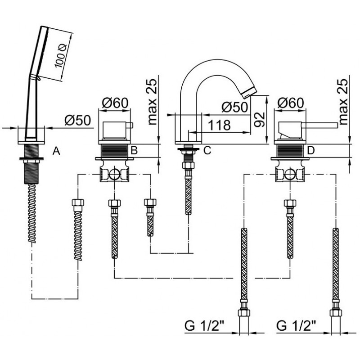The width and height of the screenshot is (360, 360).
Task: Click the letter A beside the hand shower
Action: pyautogui.click(x=56, y=151)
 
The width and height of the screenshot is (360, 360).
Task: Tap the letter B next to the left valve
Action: pyautogui.click(x=134, y=150)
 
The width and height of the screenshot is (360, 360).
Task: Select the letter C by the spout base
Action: pyautogui.click(x=207, y=150)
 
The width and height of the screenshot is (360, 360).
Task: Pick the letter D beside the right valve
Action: pyautogui.click(x=311, y=150)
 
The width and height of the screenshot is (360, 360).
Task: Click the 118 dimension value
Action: pyautogui.click(x=219, y=125)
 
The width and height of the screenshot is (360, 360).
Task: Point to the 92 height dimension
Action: pyautogui.click(x=260, y=119)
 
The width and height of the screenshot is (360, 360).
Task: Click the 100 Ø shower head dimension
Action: pyautogui.click(x=61, y=56)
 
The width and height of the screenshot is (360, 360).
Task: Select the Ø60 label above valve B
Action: pyautogui.click(x=115, y=103)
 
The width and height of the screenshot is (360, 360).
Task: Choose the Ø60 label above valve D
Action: pyautogui.click(x=291, y=103)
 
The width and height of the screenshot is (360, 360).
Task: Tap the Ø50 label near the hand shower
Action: pyautogui.click(x=77, y=120)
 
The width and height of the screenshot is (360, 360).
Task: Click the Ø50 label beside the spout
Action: pyautogui.click(x=235, y=107)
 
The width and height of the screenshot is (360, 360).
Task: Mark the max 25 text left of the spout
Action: pyautogui.click(x=152, y=102)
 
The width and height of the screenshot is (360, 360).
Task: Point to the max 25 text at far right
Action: pyautogui.click(x=343, y=102)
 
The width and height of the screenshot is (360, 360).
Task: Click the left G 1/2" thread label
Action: pyautogui.click(x=204, y=326)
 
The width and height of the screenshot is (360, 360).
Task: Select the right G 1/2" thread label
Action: pyautogui.click(x=296, y=326)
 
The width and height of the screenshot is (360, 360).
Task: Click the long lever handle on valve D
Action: pyautogui.click(x=319, y=126)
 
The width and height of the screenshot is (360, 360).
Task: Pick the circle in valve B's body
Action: pyautogui.click(x=114, y=174)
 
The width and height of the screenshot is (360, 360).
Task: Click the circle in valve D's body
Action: pyautogui.click(x=290, y=174)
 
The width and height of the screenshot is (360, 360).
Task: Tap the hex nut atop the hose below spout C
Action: pyautogui.click(x=188, y=165)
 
